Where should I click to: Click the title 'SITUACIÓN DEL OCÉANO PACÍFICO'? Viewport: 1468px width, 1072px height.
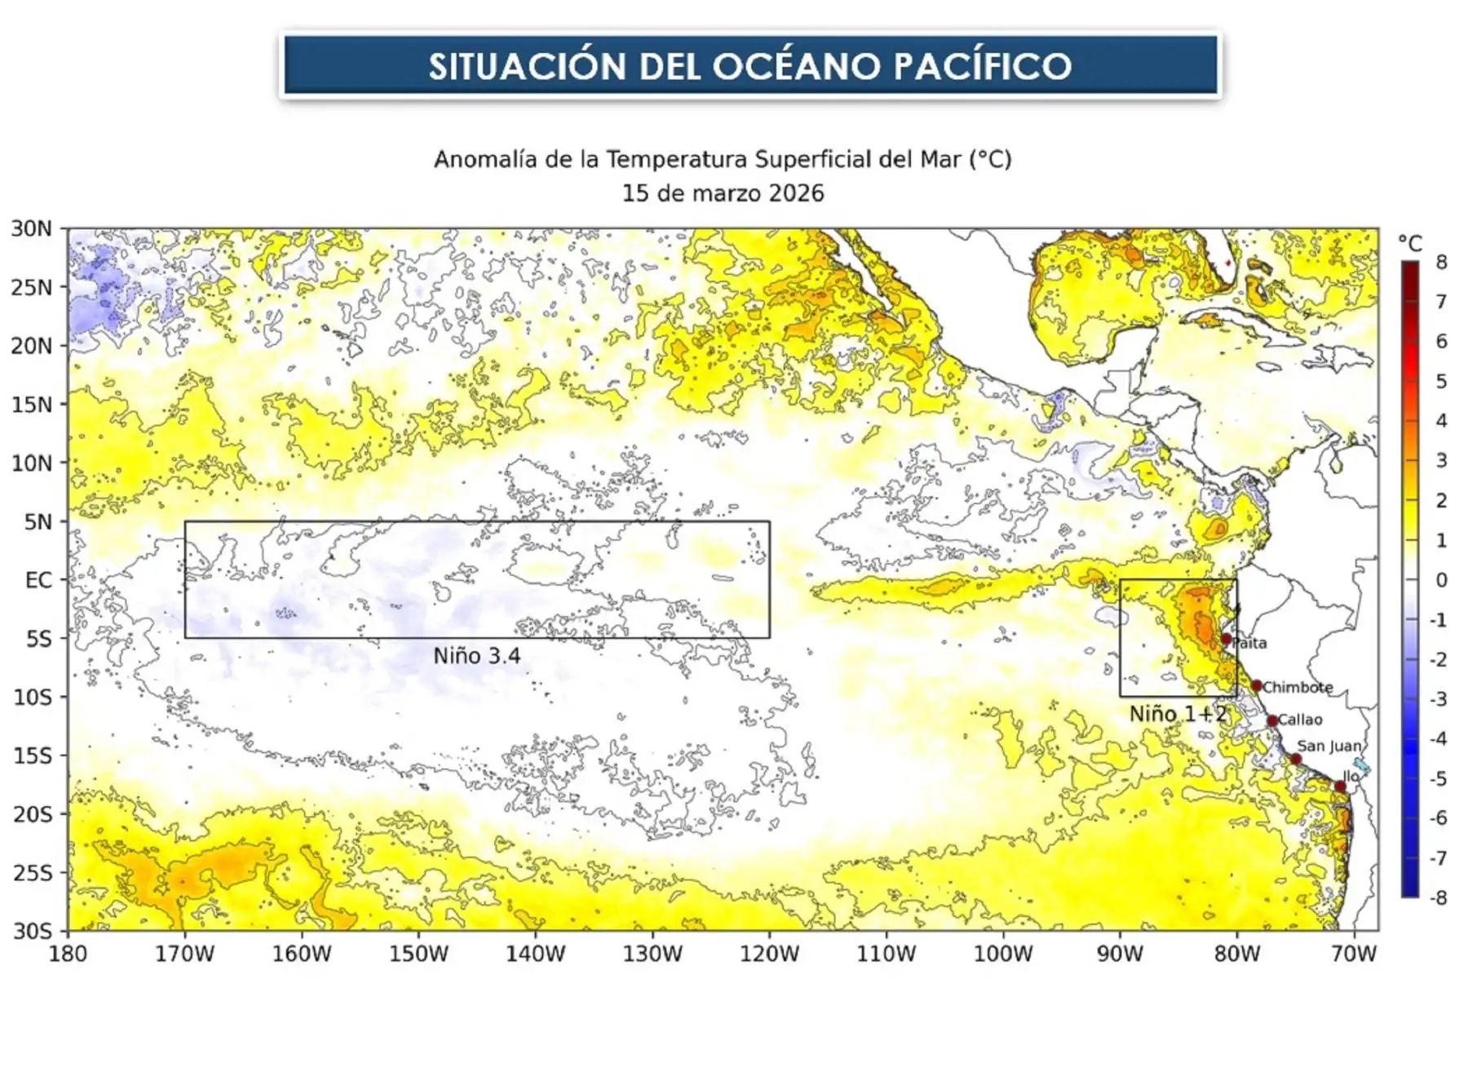(x=749, y=65)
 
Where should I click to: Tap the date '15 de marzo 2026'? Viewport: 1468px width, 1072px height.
(x=723, y=193)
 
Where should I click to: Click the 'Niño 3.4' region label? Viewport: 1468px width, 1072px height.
(x=476, y=656)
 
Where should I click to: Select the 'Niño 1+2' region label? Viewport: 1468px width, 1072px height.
(x=1178, y=714)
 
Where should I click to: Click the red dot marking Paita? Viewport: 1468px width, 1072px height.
(x=1226, y=640)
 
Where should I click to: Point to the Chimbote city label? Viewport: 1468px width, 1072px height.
(x=1298, y=687)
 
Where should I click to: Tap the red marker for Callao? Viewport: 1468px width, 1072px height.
(x=1272, y=720)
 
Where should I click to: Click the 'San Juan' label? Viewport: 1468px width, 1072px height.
(x=1329, y=746)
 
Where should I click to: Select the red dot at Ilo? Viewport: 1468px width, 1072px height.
(x=1340, y=786)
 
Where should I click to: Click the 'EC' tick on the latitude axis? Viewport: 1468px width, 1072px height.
(x=38, y=580)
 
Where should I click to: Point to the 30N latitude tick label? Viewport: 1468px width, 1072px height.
(x=31, y=228)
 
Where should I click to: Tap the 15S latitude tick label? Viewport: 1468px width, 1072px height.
(x=32, y=755)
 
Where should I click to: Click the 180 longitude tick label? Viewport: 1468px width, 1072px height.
(x=68, y=954)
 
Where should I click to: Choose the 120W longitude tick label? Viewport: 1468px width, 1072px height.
(x=769, y=954)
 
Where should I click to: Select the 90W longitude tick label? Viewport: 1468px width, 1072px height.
(x=1120, y=954)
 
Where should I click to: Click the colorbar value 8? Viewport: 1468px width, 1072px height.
(x=1441, y=262)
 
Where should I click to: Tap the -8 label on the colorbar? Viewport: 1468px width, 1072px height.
(x=1438, y=897)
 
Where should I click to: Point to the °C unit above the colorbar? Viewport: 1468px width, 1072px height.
(x=1410, y=242)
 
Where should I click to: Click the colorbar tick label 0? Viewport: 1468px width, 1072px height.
(x=1441, y=580)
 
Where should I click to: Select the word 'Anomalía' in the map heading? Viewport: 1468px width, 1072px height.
(x=485, y=159)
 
